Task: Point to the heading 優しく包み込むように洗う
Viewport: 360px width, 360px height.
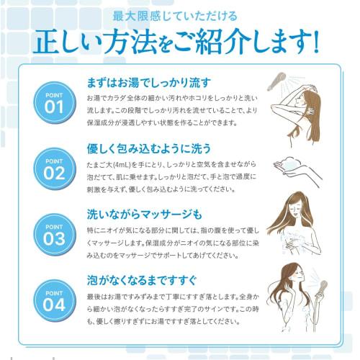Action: click(x=148, y=148)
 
